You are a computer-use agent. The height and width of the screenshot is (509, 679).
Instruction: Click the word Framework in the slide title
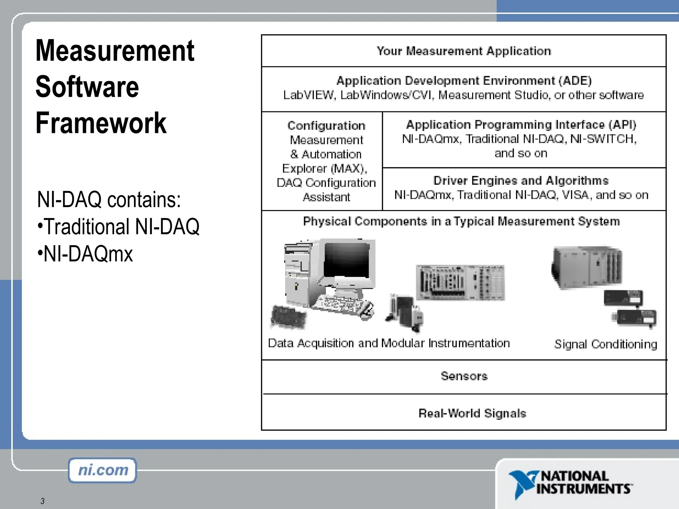(101, 123)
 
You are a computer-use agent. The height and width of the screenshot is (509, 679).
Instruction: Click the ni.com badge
(102, 470)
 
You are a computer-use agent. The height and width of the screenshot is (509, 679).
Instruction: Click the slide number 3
(42, 501)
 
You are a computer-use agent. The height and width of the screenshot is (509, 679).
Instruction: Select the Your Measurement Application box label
(463, 51)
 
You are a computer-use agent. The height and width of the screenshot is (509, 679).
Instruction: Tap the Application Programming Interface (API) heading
(521, 125)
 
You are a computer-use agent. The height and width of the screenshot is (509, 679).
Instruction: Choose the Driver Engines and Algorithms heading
(521, 181)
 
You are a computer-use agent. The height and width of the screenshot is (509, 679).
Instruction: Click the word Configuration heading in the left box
(326, 126)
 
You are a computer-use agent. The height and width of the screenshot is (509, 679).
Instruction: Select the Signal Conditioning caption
(605, 344)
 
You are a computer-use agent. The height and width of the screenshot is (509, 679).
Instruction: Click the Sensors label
(464, 376)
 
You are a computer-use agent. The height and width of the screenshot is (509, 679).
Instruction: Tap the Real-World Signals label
(472, 413)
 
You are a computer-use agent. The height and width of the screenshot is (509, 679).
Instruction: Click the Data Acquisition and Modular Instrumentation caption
(389, 343)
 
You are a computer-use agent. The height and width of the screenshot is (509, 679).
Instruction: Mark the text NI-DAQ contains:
(109, 199)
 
